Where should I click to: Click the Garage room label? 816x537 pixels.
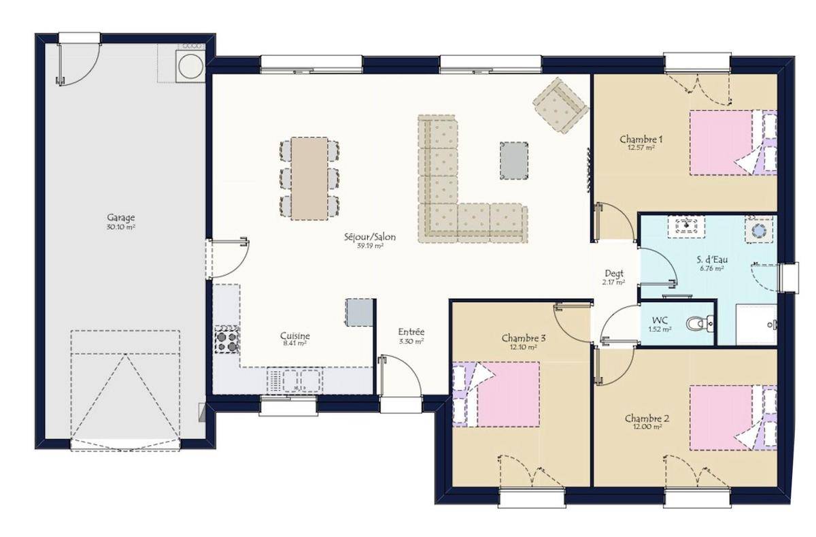point(120,218)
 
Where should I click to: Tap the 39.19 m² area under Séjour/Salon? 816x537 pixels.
point(370,246)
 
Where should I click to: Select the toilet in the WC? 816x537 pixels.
point(700,324)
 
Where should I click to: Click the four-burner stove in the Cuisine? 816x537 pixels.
point(226,340)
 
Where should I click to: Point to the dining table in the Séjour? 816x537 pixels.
point(309,178)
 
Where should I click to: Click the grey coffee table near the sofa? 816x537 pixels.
point(514,161)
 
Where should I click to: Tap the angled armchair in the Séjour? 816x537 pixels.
point(560,105)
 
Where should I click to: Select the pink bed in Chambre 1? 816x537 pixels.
point(721,143)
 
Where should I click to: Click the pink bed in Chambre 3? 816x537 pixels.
point(508,394)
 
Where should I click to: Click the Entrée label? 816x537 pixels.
point(411,332)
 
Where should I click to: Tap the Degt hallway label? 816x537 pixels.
point(614,274)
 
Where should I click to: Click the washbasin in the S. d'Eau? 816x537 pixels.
point(687,227)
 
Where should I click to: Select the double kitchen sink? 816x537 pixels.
point(294,380)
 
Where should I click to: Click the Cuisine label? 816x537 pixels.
point(295,336)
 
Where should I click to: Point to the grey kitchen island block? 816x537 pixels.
point(360,312)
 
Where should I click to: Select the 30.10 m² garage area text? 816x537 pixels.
point(121,227)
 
